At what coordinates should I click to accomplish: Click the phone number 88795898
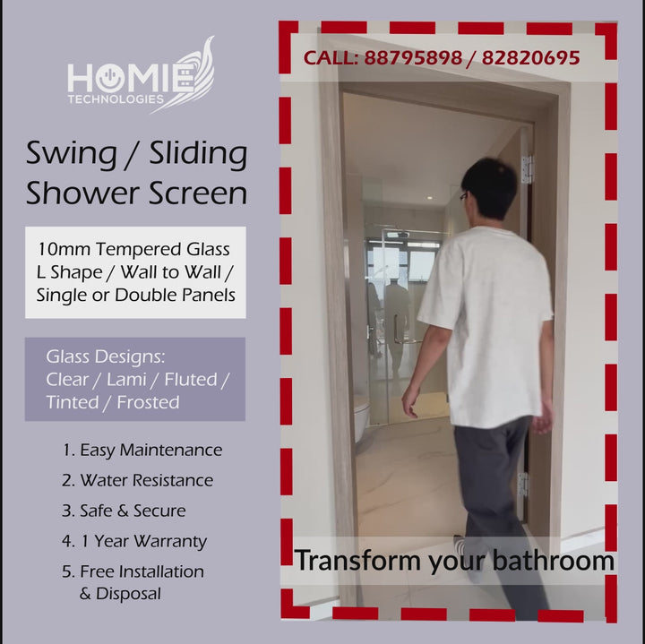coord(413,58)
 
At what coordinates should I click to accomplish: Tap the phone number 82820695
coord(530,58)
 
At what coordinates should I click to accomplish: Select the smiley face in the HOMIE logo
coord(110,78)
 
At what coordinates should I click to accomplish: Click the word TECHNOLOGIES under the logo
coord(116,99)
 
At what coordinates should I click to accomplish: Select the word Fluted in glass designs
coord(191,380)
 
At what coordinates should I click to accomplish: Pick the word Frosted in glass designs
coord(148,402)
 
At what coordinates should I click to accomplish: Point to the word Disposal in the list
coord(128,594)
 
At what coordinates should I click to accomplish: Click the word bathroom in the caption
coord(554,561)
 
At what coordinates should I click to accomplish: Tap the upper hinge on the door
coord(527,169)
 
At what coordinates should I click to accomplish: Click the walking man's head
coord(489,188)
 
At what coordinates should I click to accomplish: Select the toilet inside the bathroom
coord(362,417)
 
